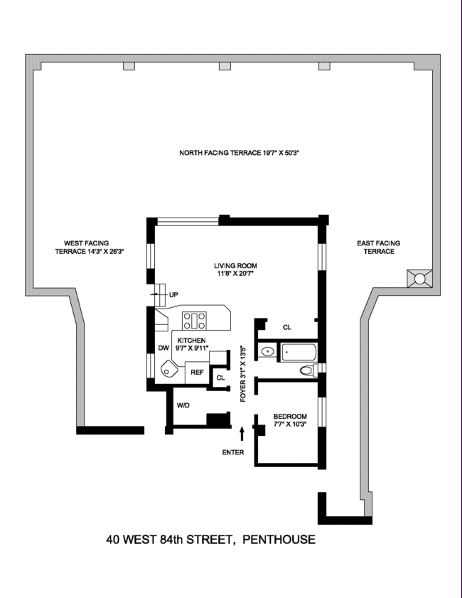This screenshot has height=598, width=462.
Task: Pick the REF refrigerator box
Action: tap(197, 371)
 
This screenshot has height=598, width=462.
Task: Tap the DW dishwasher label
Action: tap(163, 348)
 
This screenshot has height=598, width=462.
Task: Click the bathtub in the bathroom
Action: tap(299, 351)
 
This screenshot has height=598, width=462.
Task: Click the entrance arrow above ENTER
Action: tap(243, 432)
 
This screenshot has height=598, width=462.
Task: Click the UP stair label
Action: tap(173, 294)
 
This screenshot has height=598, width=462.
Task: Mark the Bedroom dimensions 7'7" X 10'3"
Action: tap(290, 425)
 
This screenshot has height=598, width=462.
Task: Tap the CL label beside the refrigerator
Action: tap(220, 377)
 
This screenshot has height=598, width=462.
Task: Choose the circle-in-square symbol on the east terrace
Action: tap(419, 279)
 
